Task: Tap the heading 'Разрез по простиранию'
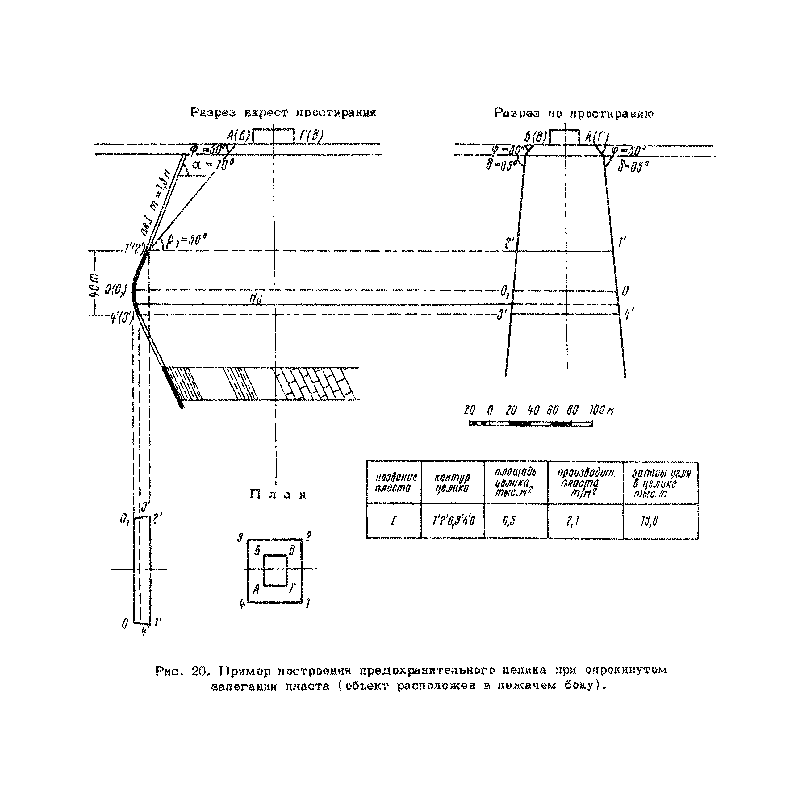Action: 574,113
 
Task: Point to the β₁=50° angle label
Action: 186,241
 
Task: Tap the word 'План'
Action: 278,495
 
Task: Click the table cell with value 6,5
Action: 508,521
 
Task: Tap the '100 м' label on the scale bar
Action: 601,411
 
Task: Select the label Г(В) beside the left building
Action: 311,136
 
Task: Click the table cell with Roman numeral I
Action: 393,521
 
